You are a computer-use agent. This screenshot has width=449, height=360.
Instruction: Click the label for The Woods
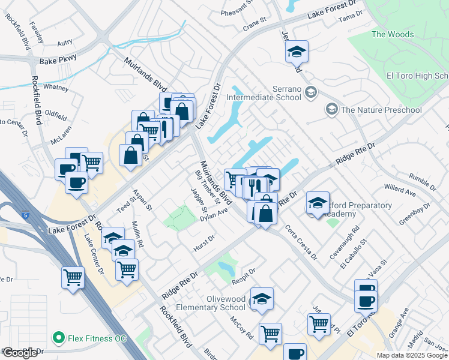click(x=393, y=34)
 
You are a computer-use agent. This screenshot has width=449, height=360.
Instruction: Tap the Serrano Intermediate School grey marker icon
click(x=310, y=92)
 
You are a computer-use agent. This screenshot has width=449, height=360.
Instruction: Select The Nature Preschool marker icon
click(x=331, y=109)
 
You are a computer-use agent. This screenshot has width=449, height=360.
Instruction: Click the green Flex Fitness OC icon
click(x=59, y=338)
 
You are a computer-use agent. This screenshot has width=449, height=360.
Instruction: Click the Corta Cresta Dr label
click(x=300, y=242)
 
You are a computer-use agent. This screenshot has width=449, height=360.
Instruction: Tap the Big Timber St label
click(x=203, y=185)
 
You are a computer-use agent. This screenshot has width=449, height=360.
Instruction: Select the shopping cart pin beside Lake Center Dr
click(x=73, y=278)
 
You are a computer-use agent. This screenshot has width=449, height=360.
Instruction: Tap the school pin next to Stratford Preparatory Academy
click(x=318, y=203)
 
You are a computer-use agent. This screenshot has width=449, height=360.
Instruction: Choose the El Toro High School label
click(x=417, y=76)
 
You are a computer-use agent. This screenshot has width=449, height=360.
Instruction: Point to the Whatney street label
click(x=56, y=87)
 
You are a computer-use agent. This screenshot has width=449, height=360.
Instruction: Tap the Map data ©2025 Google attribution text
click(x=412, y=355)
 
